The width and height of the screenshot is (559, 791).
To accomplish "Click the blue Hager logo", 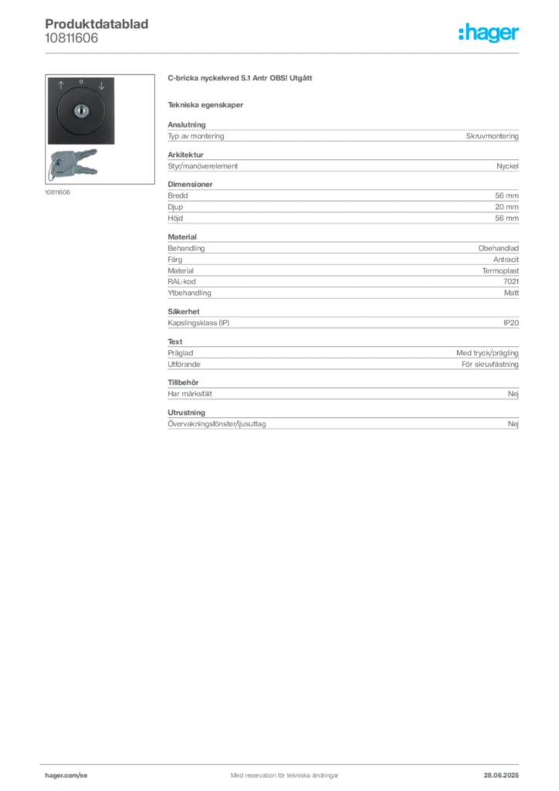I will pyautogui.click(x=490, y=33).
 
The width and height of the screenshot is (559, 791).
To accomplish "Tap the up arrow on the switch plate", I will pyautogui.click(x=61, y=85).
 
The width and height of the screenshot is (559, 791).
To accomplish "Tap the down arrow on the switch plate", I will pyautogui.click(x=100, y=85).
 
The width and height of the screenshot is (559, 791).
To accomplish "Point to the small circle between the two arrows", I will pyautogui.click(x=80, y=81).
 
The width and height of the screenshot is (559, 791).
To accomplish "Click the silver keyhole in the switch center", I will pyautogui.click(x=80, y=112).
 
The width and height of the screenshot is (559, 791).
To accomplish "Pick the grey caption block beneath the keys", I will pyautogui.click(x=58, y=192).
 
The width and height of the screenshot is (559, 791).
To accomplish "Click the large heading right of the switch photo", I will pyautogui.click(x=240, y=79).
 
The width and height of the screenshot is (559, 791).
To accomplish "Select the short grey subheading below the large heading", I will pyautogui.click(x=207, y=104).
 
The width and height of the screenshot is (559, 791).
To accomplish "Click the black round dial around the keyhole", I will pyautogui.click(x=80, y=112).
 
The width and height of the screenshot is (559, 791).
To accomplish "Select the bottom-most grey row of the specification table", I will pyautogui.click(x=343, y=423).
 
